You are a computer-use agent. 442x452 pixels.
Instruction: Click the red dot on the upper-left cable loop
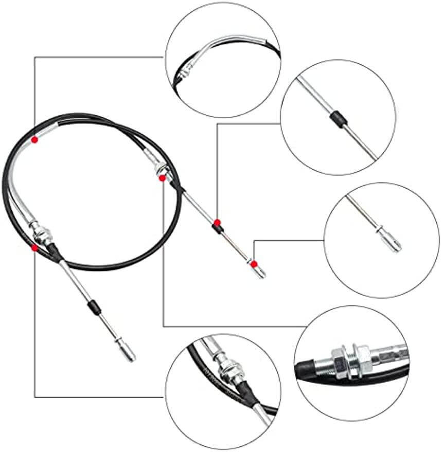34,139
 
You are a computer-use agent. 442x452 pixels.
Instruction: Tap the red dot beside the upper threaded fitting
162,178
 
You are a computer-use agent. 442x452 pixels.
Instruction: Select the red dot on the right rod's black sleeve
217,222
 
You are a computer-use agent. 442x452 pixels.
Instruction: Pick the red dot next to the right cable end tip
254,264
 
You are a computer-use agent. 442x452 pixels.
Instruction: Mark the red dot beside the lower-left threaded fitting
34,248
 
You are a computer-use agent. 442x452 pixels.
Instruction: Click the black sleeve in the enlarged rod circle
338,120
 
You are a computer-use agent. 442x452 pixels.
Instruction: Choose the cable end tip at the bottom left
126,352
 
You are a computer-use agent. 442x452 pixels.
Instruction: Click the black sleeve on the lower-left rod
93,308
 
